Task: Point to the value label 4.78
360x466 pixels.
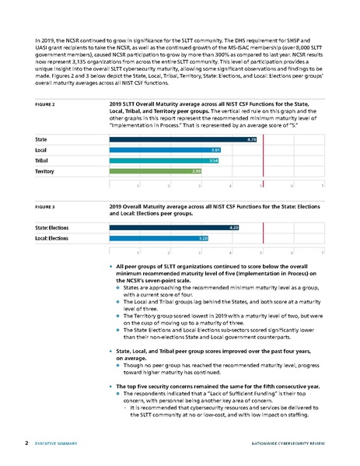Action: point(251,139)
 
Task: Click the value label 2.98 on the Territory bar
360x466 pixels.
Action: point(197,170)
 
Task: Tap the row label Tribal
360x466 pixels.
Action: point(44,159)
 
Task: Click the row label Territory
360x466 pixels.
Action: point(46,170)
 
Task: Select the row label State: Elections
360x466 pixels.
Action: point(52,227)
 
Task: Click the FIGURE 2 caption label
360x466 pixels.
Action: point(49,103)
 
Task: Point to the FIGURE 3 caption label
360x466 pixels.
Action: point(49,208)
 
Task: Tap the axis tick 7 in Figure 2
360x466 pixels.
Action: point(322,185)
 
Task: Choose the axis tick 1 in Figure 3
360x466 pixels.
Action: point(138,253)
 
